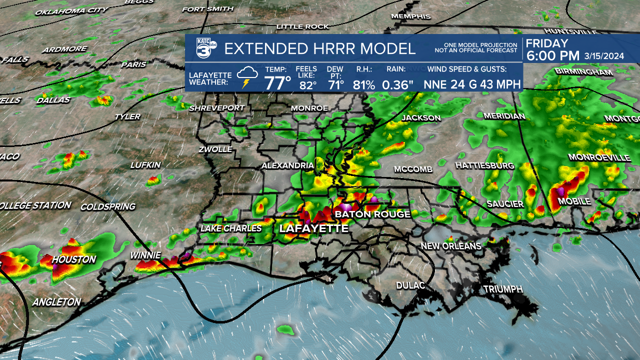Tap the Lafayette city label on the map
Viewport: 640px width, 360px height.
[313, 228]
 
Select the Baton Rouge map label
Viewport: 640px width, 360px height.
[372, 214]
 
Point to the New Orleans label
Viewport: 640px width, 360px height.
[450, 246]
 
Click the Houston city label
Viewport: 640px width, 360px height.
[74, 259]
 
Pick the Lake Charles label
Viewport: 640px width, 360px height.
[230, 228]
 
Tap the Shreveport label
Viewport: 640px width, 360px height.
[217, 107]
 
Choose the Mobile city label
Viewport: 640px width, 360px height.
[574, 201]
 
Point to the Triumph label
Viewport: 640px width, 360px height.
[502, 289]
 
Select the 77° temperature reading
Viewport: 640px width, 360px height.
[277, 82]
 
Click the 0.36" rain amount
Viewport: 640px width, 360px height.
[397, 84]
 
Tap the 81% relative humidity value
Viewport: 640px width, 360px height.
[363, 84]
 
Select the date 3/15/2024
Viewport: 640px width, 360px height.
[604, 56]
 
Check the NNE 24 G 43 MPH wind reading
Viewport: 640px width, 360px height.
[472, 84]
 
